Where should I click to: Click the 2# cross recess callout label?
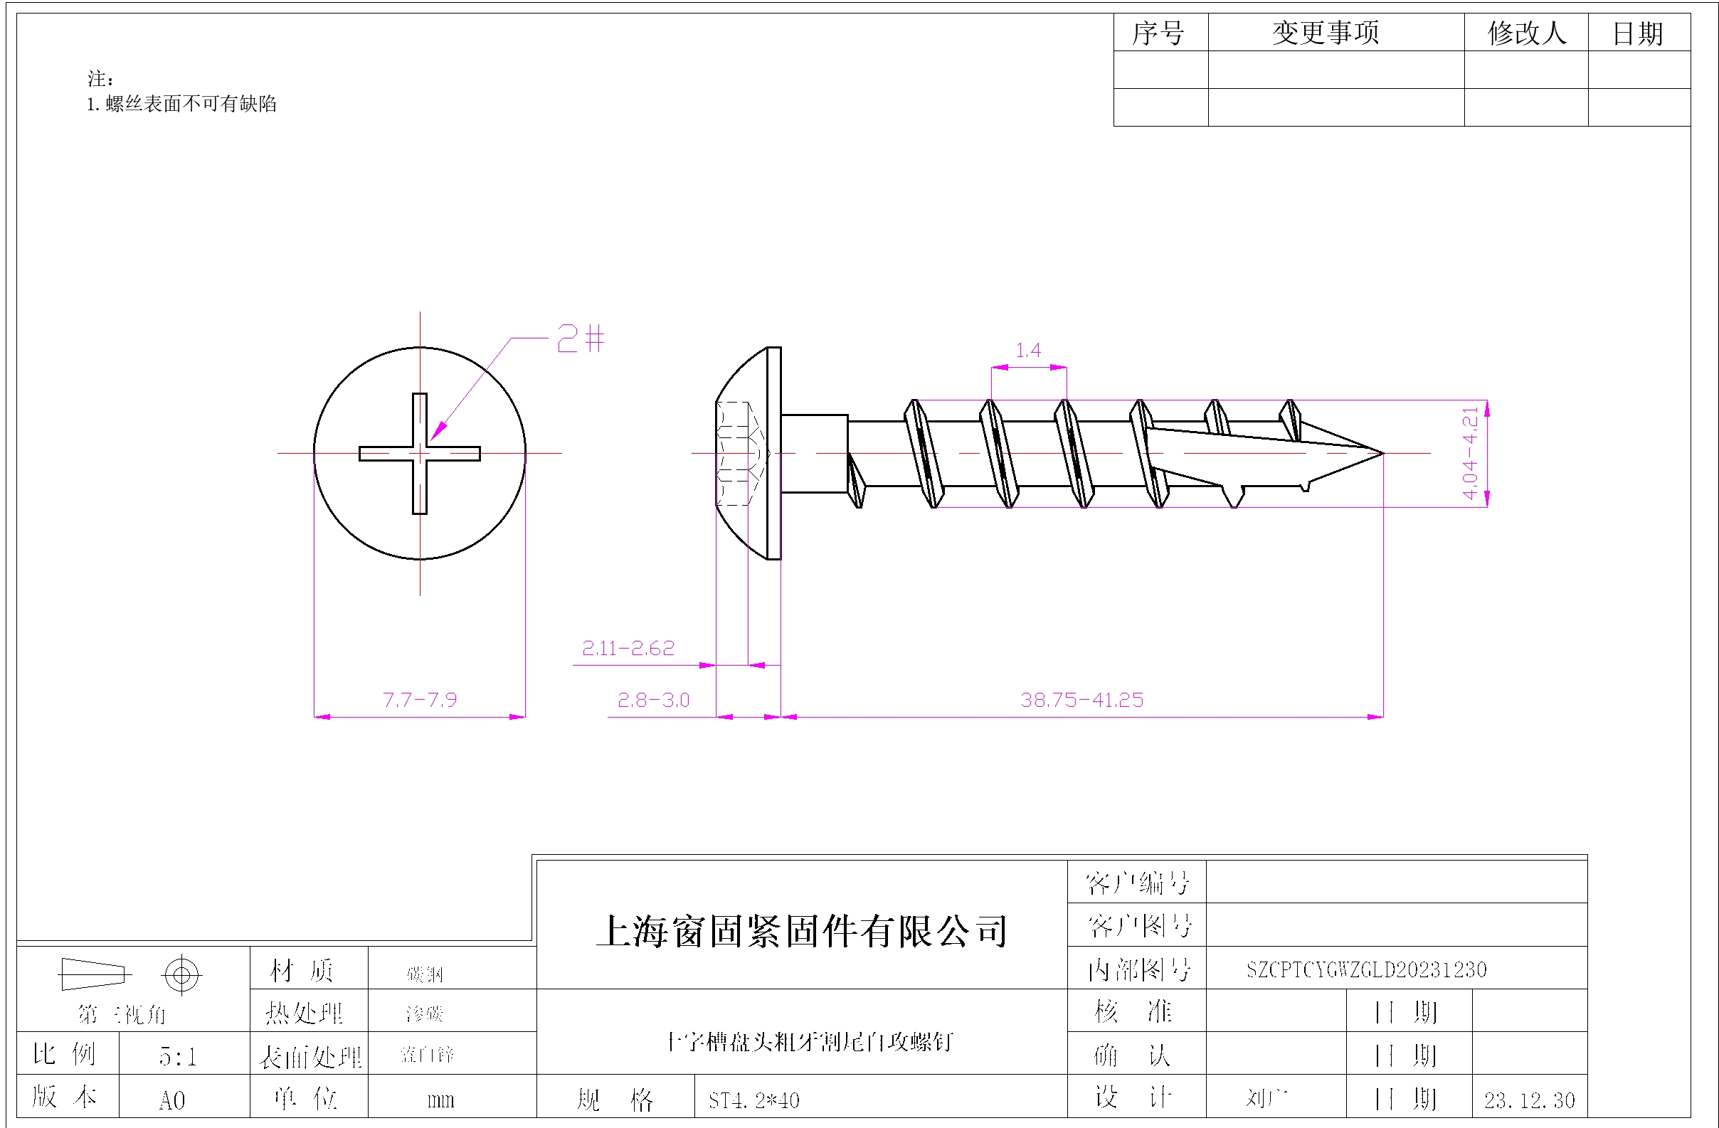580,338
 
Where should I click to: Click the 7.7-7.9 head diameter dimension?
420,700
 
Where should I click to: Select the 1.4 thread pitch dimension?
1028,351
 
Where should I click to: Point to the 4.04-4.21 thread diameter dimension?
1470,453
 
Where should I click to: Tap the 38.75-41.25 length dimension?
1081,700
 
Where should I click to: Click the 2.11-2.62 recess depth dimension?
628,648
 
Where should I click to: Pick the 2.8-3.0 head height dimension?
653,700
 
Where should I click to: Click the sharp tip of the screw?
1382,454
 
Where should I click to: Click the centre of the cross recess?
420,454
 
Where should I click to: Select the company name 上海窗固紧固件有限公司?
802,931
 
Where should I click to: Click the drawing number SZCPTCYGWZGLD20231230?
1366,969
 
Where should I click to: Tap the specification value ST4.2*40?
753,1100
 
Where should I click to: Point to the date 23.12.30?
1529,1100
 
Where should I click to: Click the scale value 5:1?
177,1056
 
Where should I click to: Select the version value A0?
172,1100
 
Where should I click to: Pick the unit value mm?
440,1100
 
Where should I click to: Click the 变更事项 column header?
1326,33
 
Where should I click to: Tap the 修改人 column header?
1526,33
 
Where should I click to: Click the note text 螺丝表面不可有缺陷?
191,104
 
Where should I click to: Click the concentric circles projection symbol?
181,975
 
